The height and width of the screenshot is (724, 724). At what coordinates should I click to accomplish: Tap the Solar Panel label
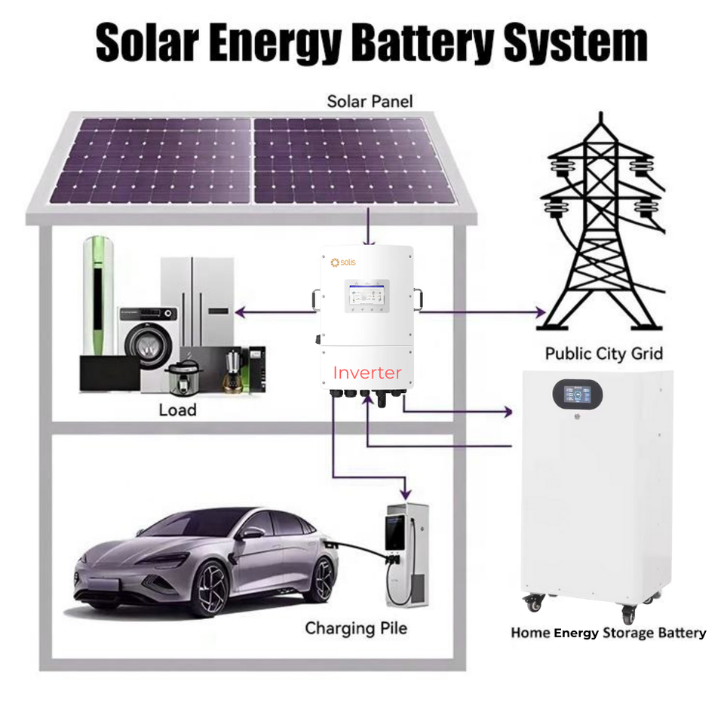pos(370,101)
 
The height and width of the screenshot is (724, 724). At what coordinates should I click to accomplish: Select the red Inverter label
pos(367,372)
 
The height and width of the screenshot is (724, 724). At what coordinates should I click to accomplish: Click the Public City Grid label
pos(603,353)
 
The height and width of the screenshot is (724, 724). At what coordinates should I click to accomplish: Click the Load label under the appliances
pos(177,410)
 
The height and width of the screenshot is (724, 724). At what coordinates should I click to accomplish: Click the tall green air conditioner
pos(99,294)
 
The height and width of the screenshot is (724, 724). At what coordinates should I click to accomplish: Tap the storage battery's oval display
pos(580,394)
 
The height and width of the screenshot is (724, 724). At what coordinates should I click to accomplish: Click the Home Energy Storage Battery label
pos(608,633)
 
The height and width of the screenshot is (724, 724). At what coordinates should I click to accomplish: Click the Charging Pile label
pos(355,627)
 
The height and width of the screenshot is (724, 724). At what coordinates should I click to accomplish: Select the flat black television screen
pos(110,373)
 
